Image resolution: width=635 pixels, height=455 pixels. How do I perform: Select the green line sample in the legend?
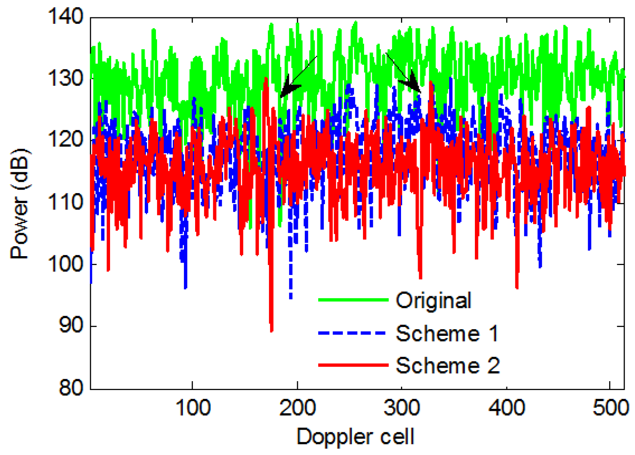click(x=353, y=300)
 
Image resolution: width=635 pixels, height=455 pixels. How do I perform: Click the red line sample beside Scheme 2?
click(x=353, y=365)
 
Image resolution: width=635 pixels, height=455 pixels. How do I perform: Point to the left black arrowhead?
click(x=287, y=89)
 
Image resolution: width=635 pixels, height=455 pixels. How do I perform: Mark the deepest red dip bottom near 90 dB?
click(x=272, y=330)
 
